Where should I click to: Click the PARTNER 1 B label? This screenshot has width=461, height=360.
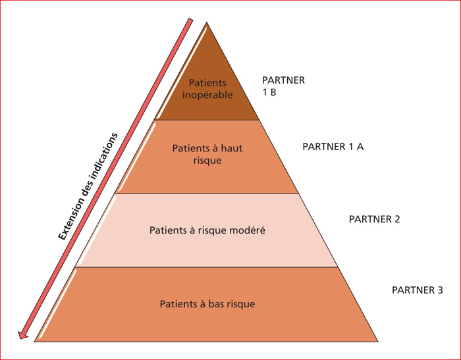pyautogui.click(x=283, y=86)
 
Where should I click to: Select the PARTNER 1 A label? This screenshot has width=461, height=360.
pyautogui.click(x=333, y=147)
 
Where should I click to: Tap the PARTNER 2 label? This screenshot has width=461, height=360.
pyautogui.click(x=374, y=219)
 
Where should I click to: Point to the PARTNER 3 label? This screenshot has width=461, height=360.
pyautogui.click(x=417, y=290)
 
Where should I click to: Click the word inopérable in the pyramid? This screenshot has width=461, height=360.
pyautogui.click(x=207, y=95)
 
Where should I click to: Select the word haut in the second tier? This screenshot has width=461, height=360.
pyautogui.click(x=230, y=148)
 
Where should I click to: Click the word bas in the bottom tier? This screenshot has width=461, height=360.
pyautogui.click(x=215, y=303)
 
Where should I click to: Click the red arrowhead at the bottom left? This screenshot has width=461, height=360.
pyautogui.click(x=22, y=335)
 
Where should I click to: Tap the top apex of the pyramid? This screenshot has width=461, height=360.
pyautogui.click(x=207, y=22)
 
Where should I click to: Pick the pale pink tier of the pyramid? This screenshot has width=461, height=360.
pyautogui.click(x=207, y=230)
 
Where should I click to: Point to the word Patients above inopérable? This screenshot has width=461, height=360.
pyautogui.click(x=207, y=83)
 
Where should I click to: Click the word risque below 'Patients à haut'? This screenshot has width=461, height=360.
pyautogui.click(x=207, y=161)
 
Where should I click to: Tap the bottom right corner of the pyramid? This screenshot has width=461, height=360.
pyautogui.click(x=378, y=342)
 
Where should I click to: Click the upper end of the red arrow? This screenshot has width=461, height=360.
pyautogui.click(x=190, y=20)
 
